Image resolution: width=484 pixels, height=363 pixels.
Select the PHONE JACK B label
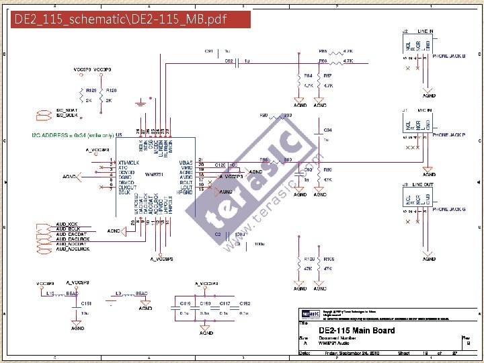(448, 56)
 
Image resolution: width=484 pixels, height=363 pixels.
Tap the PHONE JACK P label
(448, 134)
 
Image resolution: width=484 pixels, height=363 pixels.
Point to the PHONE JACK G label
(448, 209)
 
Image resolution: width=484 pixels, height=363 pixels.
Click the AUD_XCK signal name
(67, 224)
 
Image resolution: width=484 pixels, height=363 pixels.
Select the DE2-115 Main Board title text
(356, 330)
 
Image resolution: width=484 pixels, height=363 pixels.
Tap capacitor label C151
(86, 303)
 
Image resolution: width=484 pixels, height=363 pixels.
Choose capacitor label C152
(245, 303)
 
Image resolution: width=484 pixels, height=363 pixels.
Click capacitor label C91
(208, 51)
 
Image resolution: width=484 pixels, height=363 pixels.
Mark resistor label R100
(309, 258)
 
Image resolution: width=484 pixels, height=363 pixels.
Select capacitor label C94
(327, 130)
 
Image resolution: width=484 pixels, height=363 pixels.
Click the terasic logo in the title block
(310, 313)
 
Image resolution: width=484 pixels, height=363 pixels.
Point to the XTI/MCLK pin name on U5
(128, 163)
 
